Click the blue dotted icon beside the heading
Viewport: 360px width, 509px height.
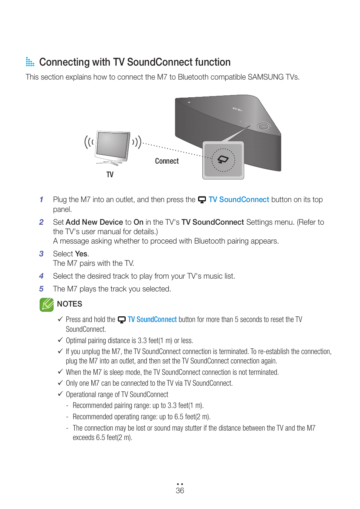pyautogui.click(x=30, y=62)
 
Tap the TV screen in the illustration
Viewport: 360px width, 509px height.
pyautogui.click(x=112, y=145)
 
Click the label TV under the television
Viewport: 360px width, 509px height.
pyautogui.click(x=110, y=175)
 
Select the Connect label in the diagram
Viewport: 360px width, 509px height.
pyautogui.click(x=167, y=161)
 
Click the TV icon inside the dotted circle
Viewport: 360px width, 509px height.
pyautogui.click(x=223, y=159)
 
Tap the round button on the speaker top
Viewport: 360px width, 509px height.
pyautogui.click(x=263, y=126)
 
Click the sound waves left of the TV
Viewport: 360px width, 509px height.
pyautogui.click(x=89, y=142)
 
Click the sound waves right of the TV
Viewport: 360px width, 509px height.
pyautogui.click(x=137, y=142)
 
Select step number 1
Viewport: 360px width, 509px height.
pyautogui.click(x=42, y=199)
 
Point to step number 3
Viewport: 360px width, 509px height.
pyautogui.click(x=42, y=254)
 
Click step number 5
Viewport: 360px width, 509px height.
pyautogui.click(x=42, y=289)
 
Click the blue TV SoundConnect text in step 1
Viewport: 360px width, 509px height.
pyautogui.click(x=238, y=199)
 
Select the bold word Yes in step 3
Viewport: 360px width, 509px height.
pyautogui.click(x=81, y=254)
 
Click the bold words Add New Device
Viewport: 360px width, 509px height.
pyautogui.click(x=94, y=222)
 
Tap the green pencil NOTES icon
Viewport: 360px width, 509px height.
pyautogui.click(x=47, y=304)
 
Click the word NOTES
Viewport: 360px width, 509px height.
pyautogui.click(x=70, y=304)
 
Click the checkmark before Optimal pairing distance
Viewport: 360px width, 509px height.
pyautogui.click(x=60, y=340)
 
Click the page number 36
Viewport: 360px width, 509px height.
pyautogui.click(x=180, y=491)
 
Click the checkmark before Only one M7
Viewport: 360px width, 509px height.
pyautogui.click(x=60, y=383)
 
